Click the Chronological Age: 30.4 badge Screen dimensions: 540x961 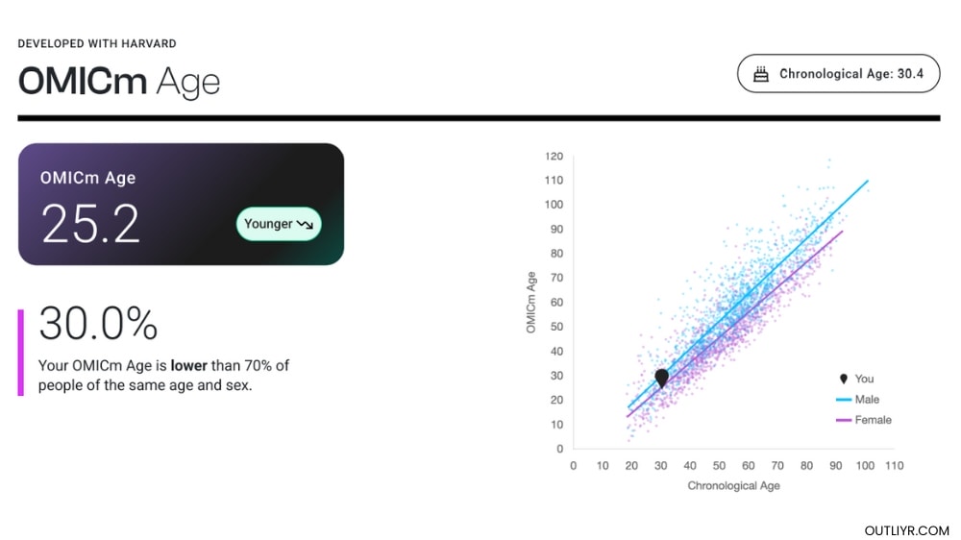[x=838, y=74]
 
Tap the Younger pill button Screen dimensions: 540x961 [x=279, y=224]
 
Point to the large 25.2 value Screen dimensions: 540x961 [x=90, y=224]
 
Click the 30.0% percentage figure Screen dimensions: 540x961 [x=98, y=324]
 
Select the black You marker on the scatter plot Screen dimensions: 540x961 [x=661, y=378]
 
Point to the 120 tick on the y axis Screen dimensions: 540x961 [x=553, y=156]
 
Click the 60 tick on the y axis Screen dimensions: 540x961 [x=555, y=302]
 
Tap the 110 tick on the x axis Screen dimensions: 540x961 [x=895, y=466]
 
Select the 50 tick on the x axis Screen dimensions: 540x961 [x=719, y=466]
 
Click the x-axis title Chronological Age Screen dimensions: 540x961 [x=733, y=486]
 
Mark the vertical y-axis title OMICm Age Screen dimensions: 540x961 [x=530, y=303]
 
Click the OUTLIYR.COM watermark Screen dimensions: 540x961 [x=906, y=530]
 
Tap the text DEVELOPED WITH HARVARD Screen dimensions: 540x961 [x=97, y=44]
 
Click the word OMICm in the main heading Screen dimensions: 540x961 [x=82, y=82]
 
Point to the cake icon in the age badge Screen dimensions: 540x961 [x=761, y=74]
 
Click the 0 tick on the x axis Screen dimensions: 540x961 [x=574, y=466]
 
